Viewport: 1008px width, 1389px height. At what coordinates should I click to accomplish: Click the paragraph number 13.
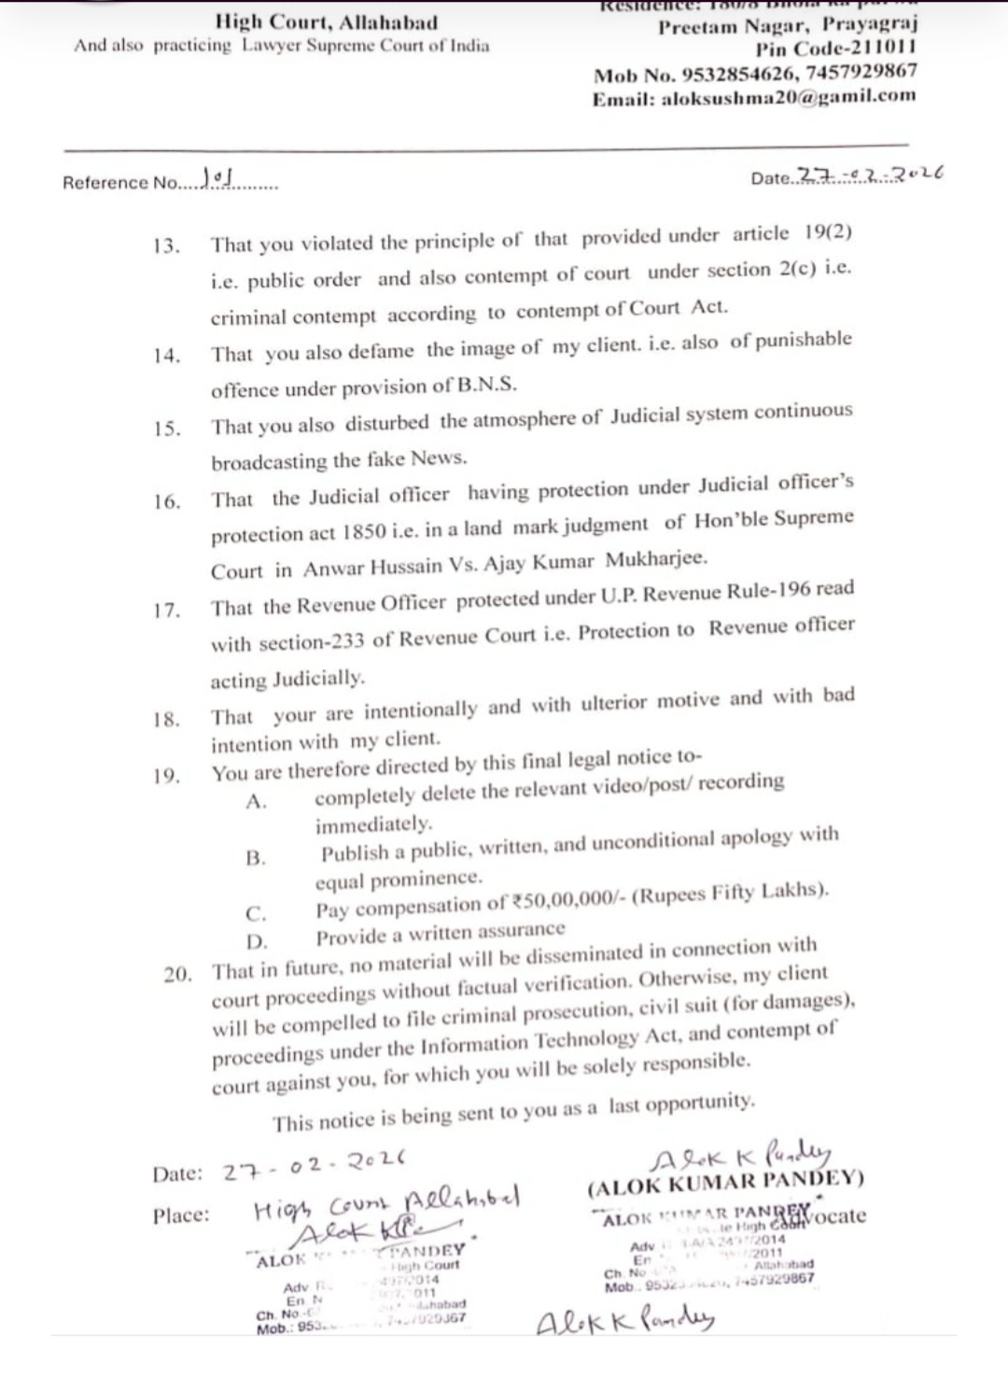click(165, 246)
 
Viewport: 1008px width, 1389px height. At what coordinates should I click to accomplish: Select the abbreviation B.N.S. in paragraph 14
click(485, 385)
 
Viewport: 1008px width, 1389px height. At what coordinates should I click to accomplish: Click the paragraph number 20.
click(177, 975)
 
